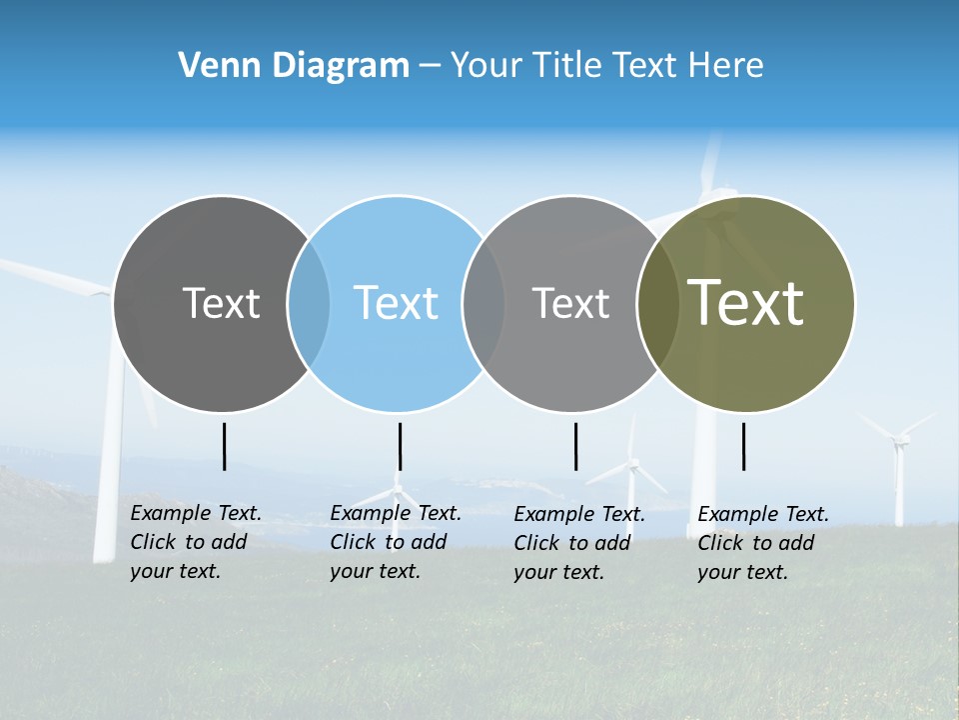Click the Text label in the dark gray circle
click(221, 303)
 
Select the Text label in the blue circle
click(396, 303)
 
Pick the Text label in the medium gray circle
click(570, 303)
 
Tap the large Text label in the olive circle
click(745, 303)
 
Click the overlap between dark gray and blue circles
click(309, 303)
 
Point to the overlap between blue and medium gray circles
click(483, 303)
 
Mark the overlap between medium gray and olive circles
click(658, 303)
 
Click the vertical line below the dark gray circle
click(225, 446)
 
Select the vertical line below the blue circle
click(400, 446)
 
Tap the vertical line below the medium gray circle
click(575, 446)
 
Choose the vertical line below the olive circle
click(744, 446)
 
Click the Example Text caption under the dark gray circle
click(195, 542)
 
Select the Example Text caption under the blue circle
click(395, 542)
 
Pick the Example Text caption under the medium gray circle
click(578, 543)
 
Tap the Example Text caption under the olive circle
click(762, 543)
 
